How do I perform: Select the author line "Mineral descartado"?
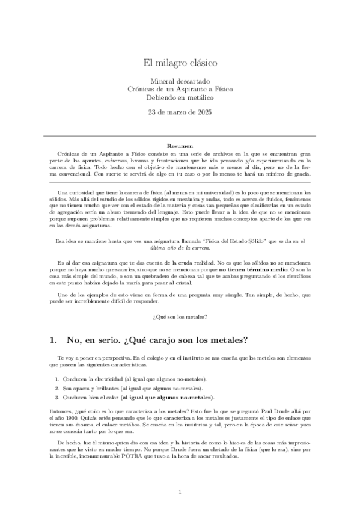[x=180, y=80]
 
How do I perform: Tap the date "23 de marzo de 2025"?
[x=180, y=112]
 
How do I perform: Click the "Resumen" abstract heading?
[x=180, y=146]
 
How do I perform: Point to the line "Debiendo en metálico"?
[x=180, y=97]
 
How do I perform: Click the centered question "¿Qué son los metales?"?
[x=180, y=317]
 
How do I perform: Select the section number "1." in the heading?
[x=53, y=340]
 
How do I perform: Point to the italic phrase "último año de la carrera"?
[x=180, y=247]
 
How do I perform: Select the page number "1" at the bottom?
[x=180, y=492]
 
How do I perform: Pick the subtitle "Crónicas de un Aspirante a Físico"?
[x=180, y=89]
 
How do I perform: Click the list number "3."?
[x=58, y=398]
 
